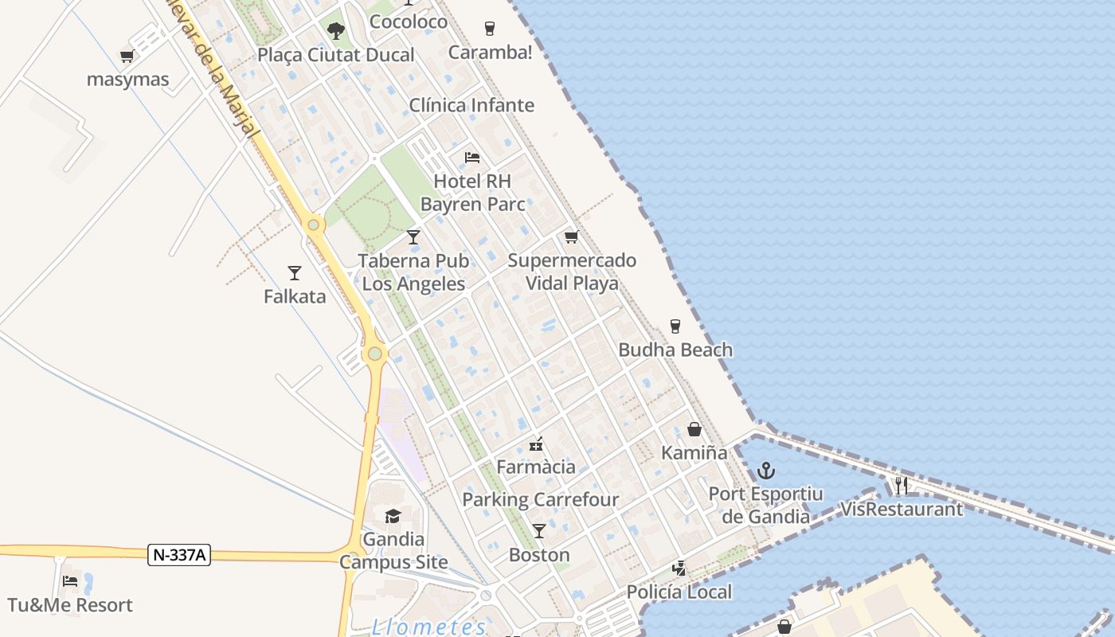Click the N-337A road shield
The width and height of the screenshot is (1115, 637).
coord(179,555)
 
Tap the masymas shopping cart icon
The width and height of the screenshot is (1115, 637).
coord(127,57)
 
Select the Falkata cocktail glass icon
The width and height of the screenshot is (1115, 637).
coord(295,273)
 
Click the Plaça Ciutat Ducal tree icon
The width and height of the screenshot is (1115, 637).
coord(336,31)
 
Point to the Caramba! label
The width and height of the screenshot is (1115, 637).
coord(490,53)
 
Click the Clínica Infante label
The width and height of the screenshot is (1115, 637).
coord(471,105)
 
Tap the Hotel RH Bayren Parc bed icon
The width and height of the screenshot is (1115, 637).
coord(472,158)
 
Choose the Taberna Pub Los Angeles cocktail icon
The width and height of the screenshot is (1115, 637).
coord(413,237)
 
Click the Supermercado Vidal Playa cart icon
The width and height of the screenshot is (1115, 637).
coord(571,237)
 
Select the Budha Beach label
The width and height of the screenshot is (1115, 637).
coord(675,350)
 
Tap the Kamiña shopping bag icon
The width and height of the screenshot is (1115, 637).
coord(694,430)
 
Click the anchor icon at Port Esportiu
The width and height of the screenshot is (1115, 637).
coord(766,471)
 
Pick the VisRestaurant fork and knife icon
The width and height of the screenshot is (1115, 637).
coord(901,486)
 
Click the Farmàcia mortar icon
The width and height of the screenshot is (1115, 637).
coord(536,444)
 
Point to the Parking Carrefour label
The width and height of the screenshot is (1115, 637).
coord(541,500)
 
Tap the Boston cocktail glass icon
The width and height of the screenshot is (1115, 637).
coord(539,531)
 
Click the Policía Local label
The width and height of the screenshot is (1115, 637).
coord(679,592)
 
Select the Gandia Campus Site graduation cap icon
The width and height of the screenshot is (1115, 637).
coord(393,517)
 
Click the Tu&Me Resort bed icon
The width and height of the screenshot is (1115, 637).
coord(70,582)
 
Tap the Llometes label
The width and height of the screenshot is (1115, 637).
coord(429,627)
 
